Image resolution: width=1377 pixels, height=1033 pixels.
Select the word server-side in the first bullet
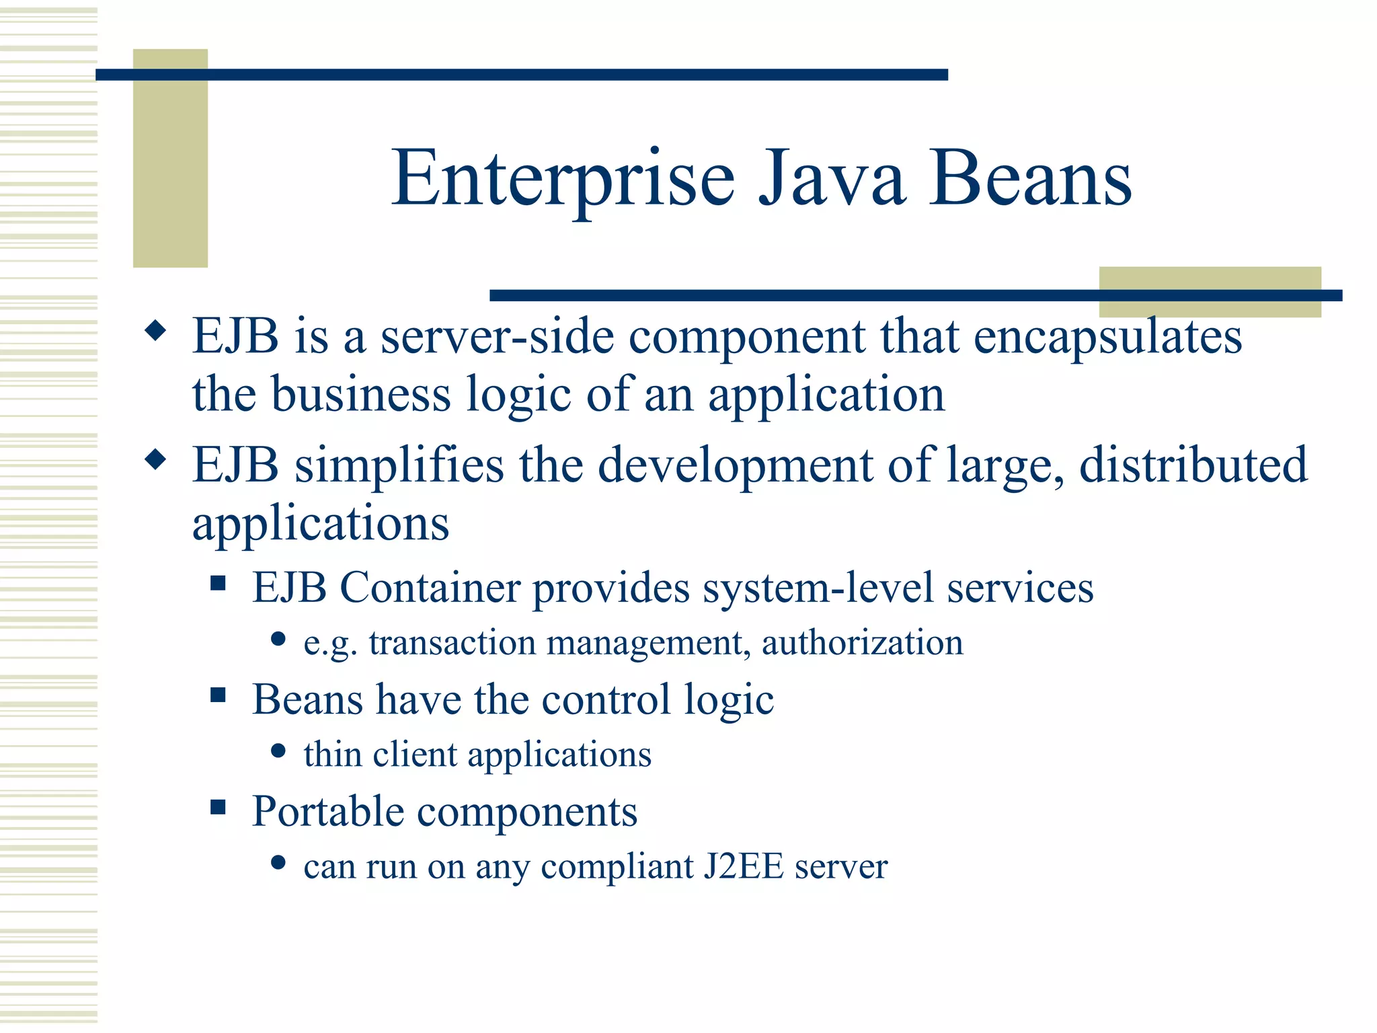pyautogui.click(x=497, y=336)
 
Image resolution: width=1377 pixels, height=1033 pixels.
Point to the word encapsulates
pyautogui.click(x=1107, y=336)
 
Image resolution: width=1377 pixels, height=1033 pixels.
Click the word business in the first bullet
pyautogui.click(x=360, y=394)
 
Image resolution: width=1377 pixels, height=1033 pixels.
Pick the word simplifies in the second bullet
pyautogui.click(x=399, y=465)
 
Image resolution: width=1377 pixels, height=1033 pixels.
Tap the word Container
pyautogui.click(x=430, y=588)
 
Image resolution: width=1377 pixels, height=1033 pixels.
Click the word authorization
pyautogui.click(x=862, y=643)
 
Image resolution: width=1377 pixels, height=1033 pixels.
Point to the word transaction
pyautogui.click(x=452, y=643)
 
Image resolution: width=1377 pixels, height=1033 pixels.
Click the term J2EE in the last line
pyautogui.click(x=744, y=866)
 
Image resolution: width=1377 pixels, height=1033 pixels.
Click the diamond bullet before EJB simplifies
pyautogui.click(x=155, y=461)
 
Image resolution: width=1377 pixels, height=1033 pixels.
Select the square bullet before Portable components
pyautogui.click(x=218, y=806)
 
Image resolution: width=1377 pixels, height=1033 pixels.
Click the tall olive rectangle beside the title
pyautogui.click(x=170, y=158)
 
